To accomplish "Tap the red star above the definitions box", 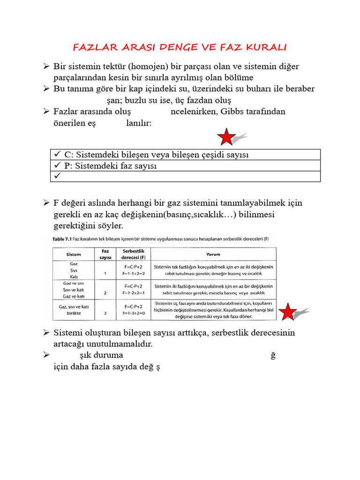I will click(x=226, y=137).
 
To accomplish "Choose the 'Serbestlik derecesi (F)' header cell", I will click(x=134, y=255).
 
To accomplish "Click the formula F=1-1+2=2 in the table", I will click(x=134, y=273).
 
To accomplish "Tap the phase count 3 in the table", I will click(x=105, y=313).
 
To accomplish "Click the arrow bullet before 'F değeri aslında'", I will click(x=46, y=203).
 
